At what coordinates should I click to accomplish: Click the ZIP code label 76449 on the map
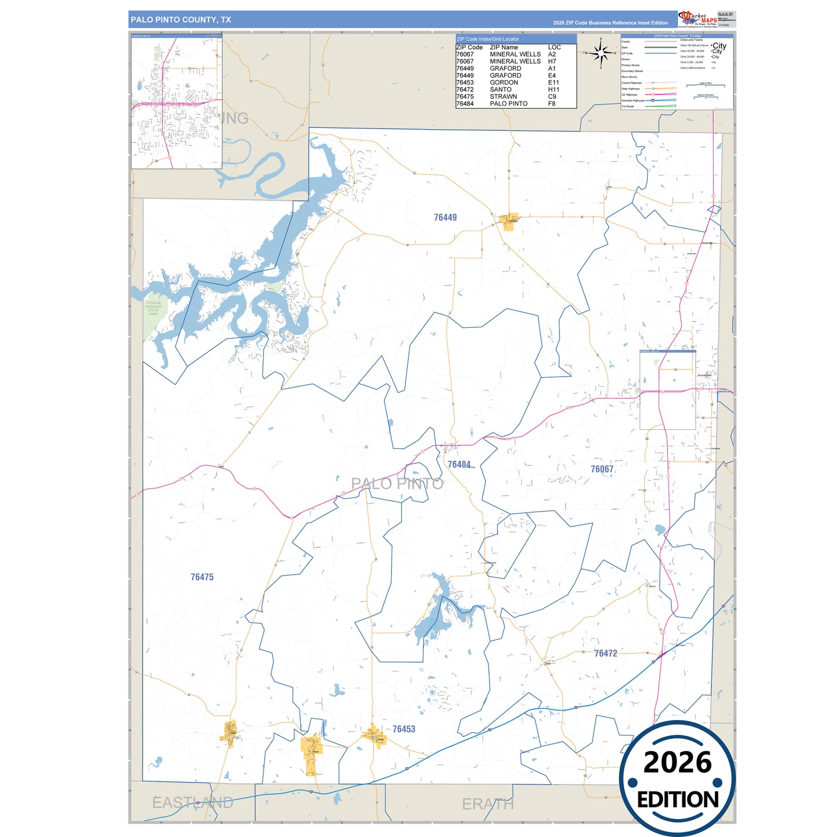[445, 217]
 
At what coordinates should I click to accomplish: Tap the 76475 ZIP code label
[202, 577]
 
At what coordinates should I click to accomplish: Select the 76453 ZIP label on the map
[404, 729]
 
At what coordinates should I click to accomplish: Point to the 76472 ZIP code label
[605, 653]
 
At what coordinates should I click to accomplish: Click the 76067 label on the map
[602, 469]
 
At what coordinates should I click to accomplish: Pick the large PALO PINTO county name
[397, 484]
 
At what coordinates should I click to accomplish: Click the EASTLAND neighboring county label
[192, 802]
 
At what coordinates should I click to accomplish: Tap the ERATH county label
[488, 804]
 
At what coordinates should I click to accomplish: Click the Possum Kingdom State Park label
[153, 308]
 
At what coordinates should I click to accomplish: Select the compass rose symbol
[601, 54]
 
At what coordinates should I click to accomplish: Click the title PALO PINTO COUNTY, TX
[181, 20]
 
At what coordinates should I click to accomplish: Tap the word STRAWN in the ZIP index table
[503, 97]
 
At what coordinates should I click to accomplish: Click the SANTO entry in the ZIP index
[500, 90]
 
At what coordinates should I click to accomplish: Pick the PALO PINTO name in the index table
[509, 104]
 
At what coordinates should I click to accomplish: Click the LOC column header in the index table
[554, 47]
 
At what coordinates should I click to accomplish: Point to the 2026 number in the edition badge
[677, 762]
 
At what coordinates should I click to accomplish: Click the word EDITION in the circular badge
[678, 800]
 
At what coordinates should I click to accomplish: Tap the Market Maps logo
[698, 19]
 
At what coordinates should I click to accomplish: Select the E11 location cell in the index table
[554, 82]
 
